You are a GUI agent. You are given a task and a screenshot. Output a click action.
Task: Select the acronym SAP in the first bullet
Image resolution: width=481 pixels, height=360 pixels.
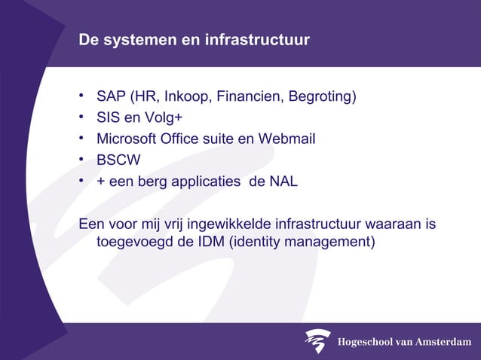(x=111, y=97)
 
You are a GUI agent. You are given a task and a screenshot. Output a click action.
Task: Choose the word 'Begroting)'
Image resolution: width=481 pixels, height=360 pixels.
(x=320, y=97)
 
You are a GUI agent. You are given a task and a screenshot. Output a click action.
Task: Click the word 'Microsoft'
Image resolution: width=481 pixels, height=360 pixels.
(x=126, y=139)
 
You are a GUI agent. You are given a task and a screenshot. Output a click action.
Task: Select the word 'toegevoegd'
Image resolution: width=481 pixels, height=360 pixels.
(x=133, y=242)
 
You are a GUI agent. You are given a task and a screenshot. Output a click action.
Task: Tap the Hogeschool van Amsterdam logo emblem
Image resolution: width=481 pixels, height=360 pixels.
(x=318, y=341)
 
